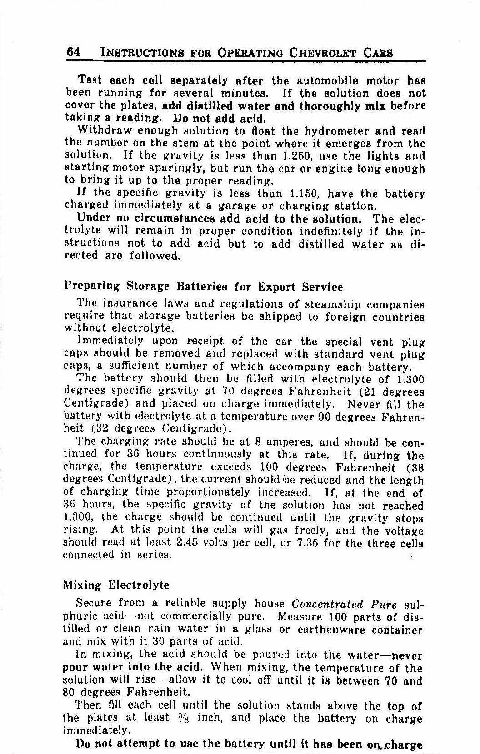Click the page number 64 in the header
click(x=74, y=52)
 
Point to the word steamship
click(x=328, y=304)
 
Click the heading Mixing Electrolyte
click(x=116, y=585)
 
